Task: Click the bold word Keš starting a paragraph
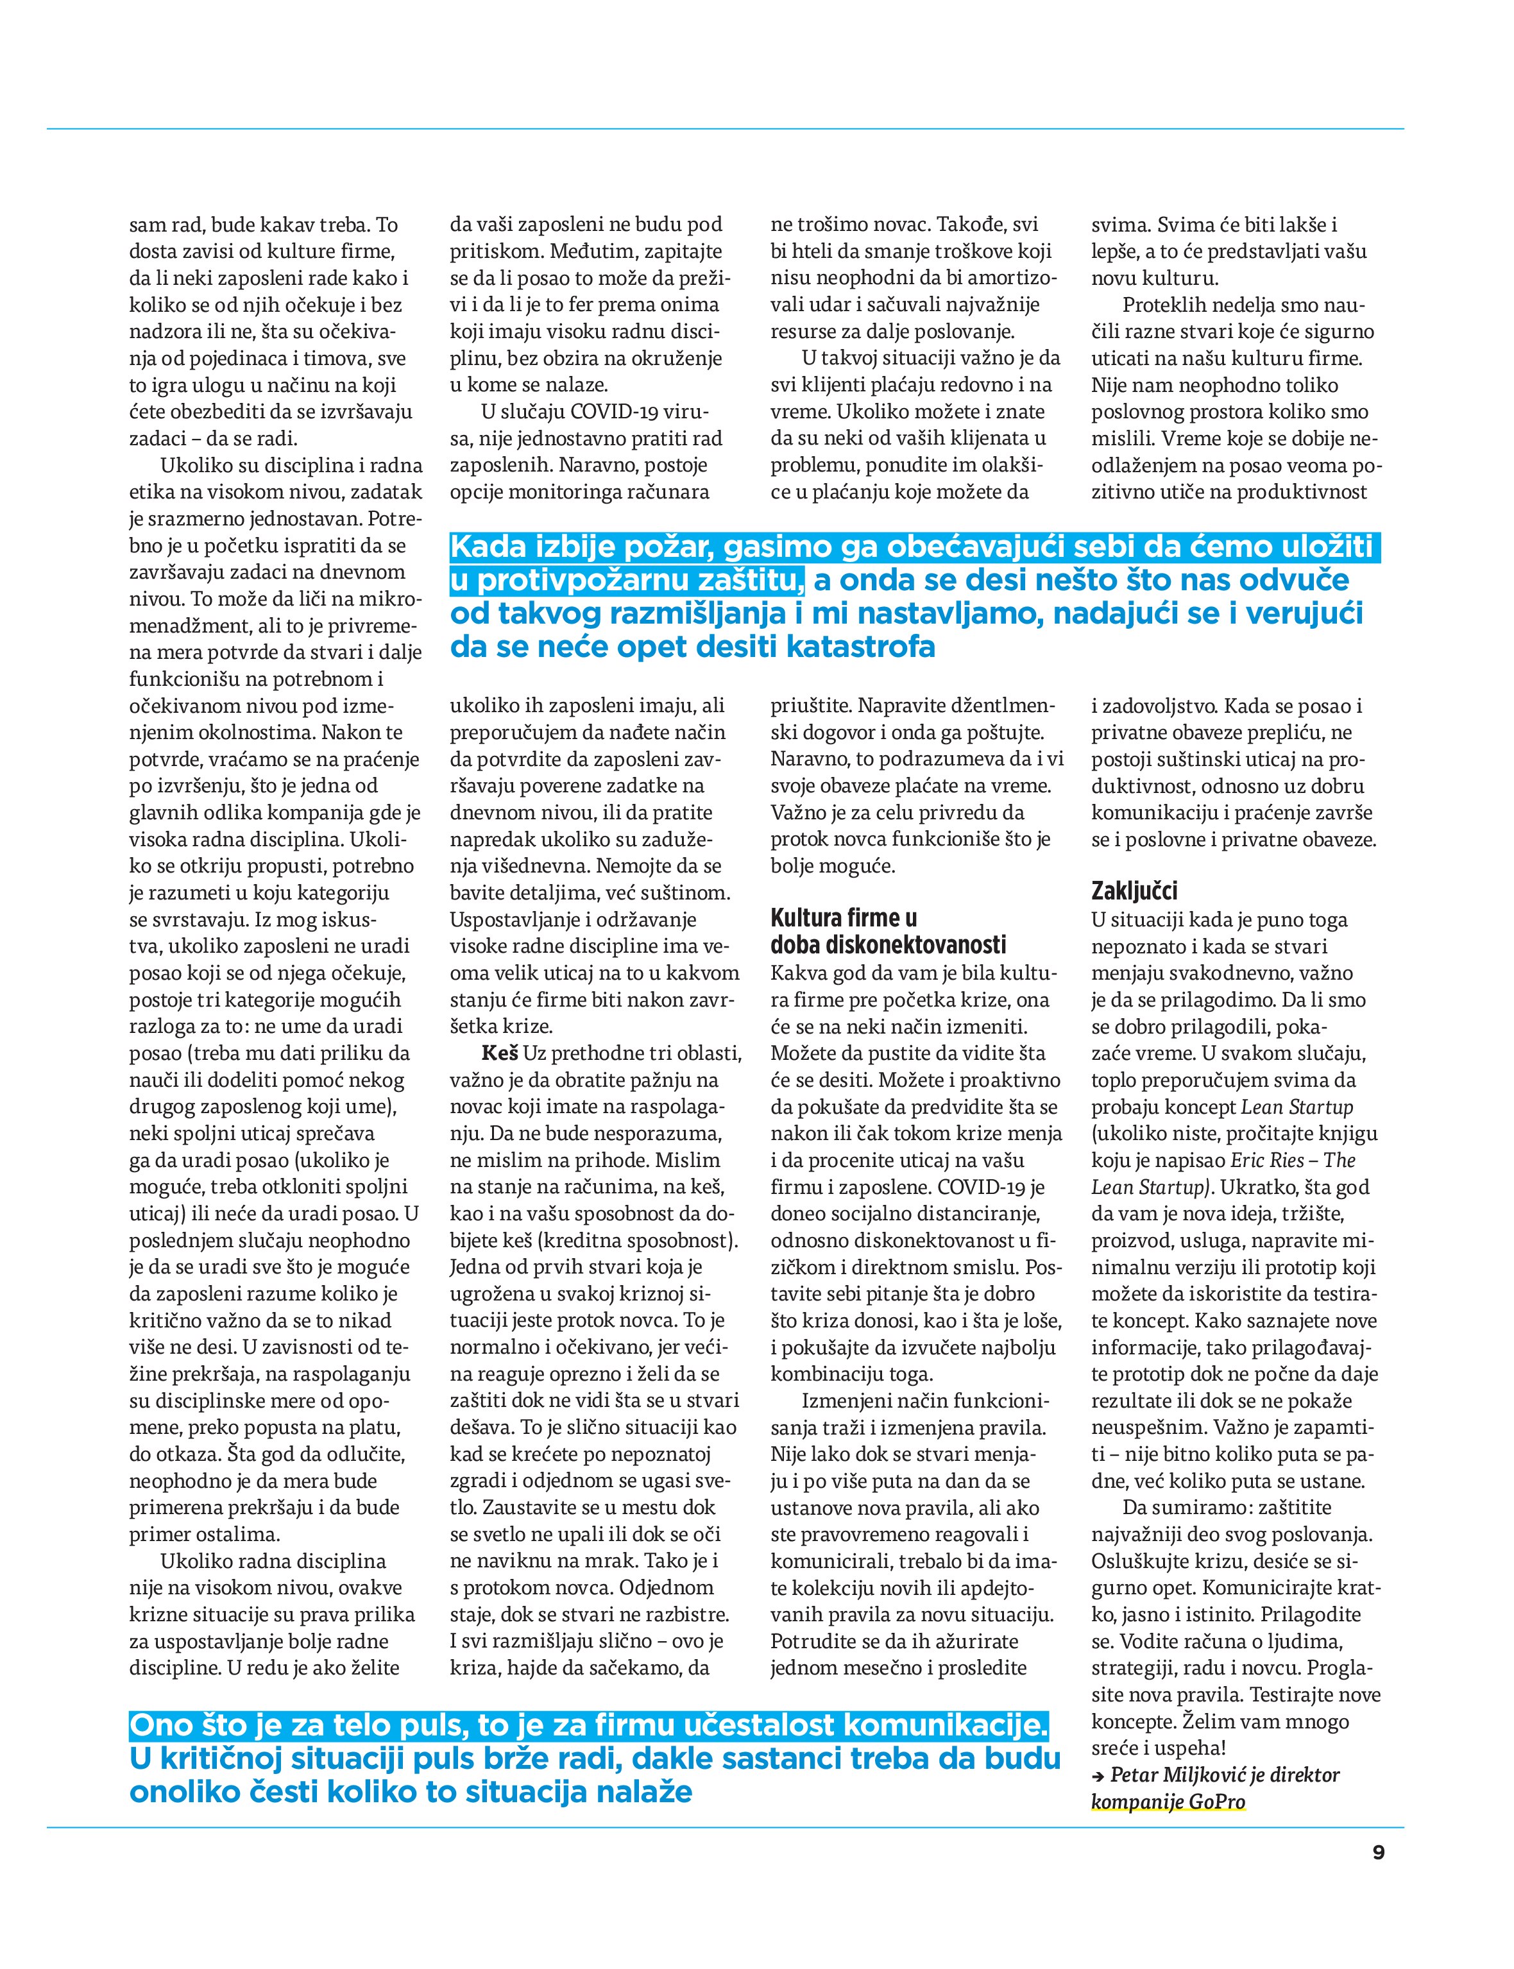click(499, 1053)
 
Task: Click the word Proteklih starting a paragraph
click(1162, 305)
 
